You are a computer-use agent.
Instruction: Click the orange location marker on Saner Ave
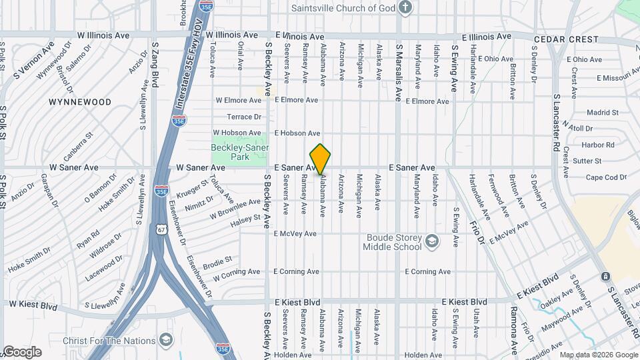coord(321,159)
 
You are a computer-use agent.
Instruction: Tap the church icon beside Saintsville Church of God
coord(405,8)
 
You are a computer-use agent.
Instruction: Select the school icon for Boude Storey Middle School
coord(432,241)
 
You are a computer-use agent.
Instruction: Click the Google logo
coord(21,352)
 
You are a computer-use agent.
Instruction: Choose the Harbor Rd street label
coord(597,145)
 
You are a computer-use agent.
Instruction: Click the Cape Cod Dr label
coord(606,177)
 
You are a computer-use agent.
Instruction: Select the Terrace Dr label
coord(243,116)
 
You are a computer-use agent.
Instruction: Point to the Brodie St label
coord(217,259)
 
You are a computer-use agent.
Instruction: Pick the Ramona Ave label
coord(515,331)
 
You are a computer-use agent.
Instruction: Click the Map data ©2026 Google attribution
coord(599,355)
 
